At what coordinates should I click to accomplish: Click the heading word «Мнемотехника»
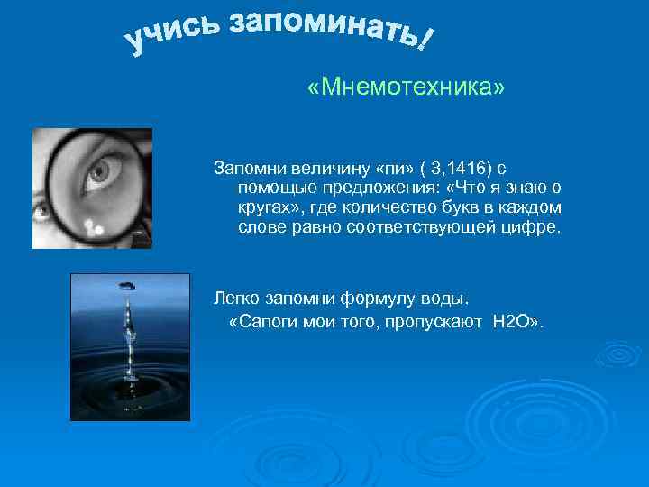(406, 88)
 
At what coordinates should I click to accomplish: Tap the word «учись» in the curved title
(170, 33)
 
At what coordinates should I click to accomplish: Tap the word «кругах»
(265, 207)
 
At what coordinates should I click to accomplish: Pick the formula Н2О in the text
(510, 322)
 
